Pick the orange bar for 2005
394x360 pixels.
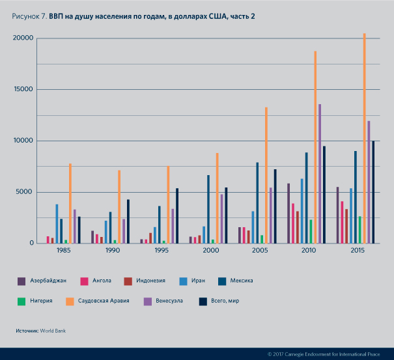tap(266, 175)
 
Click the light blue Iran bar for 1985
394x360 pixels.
tap(57, 224)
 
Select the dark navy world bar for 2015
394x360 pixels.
tap(373, 192)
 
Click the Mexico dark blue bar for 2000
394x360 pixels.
tap(208, 209)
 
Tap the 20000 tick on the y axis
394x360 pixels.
tap(23, 38)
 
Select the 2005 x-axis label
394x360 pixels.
tap(259, 250)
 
